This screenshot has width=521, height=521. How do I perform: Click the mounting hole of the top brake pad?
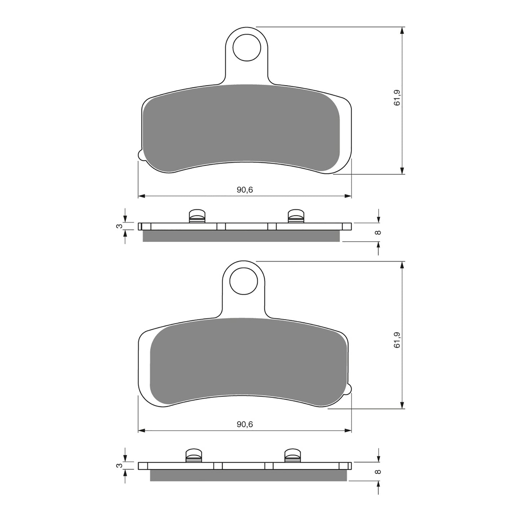[247, 47]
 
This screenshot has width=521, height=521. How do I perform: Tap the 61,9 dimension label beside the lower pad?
[397, 339]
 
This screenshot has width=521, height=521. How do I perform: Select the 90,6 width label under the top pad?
[245, 190]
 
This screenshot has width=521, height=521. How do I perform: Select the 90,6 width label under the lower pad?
[245, 424]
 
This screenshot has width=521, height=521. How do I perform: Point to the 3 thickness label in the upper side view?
[118, 226]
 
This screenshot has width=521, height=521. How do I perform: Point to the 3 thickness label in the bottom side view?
[118, 466]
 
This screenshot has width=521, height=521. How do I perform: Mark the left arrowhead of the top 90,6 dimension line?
[141, 196]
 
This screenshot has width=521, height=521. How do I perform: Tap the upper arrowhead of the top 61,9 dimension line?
[402, 30]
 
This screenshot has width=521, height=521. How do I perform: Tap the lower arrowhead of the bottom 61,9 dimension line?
[402, 406]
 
